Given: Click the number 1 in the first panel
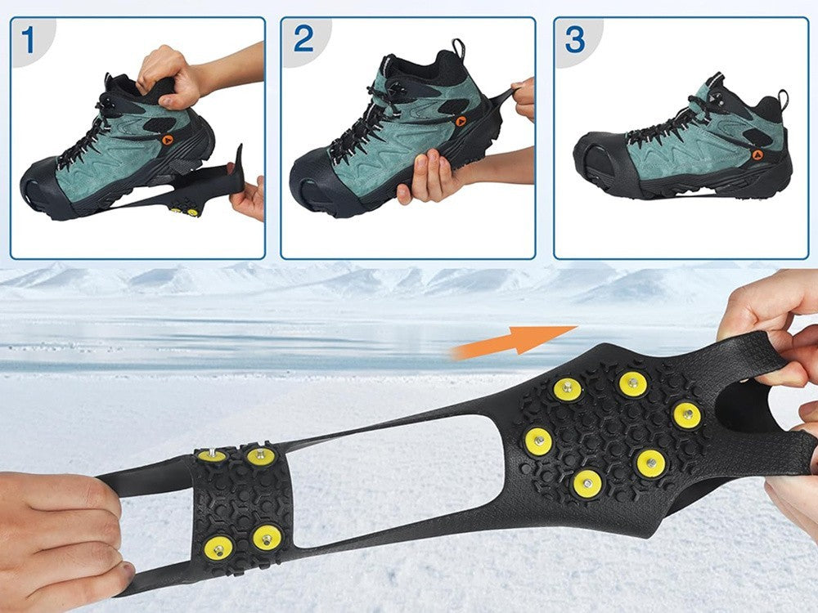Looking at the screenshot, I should coord(29,39).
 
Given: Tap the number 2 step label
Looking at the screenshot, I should coord(303,38).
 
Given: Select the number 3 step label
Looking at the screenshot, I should coord(575,38).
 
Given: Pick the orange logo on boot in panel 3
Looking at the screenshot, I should coord(757,154).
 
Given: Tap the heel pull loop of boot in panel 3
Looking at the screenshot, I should coord(784,100).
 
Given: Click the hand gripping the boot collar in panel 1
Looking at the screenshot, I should coord(168,76).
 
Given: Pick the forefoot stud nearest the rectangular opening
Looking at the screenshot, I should coord(537,442).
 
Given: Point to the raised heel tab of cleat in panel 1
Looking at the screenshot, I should coord(238,163).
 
